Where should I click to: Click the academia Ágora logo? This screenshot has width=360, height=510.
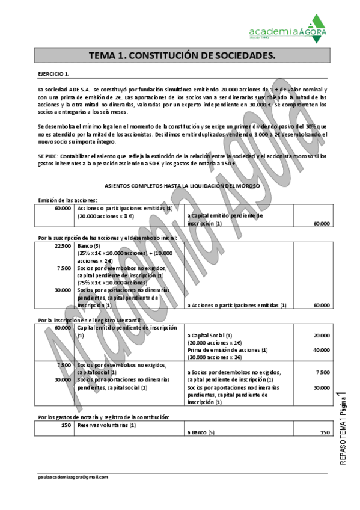(x=288, y=28)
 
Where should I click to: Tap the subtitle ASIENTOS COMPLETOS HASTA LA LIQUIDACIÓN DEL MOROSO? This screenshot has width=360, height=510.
(x=182, y=186)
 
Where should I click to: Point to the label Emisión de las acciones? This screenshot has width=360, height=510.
(x=67, y=200)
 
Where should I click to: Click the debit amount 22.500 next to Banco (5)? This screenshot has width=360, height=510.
(x=63, y=246)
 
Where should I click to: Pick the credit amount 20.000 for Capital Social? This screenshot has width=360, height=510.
(x=321, y=335)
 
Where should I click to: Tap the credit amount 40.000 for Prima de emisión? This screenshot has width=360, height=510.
(x=321, y=349)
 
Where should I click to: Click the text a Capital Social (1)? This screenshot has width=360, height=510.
(x=209, y=335)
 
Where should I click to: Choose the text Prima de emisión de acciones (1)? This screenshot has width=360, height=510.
(x=227, y=349)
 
